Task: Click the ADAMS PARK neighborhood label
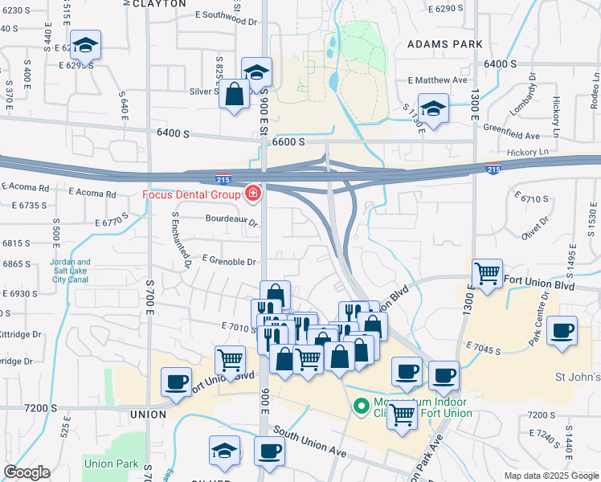click(444, 43)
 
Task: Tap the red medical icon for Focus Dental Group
click(252, 194)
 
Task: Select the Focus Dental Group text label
click(191, 194)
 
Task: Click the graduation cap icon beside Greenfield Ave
click(433, 110)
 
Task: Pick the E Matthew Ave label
click(437, 80)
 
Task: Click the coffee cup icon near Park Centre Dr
click(561, 331)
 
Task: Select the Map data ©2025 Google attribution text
click(551, 476)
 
